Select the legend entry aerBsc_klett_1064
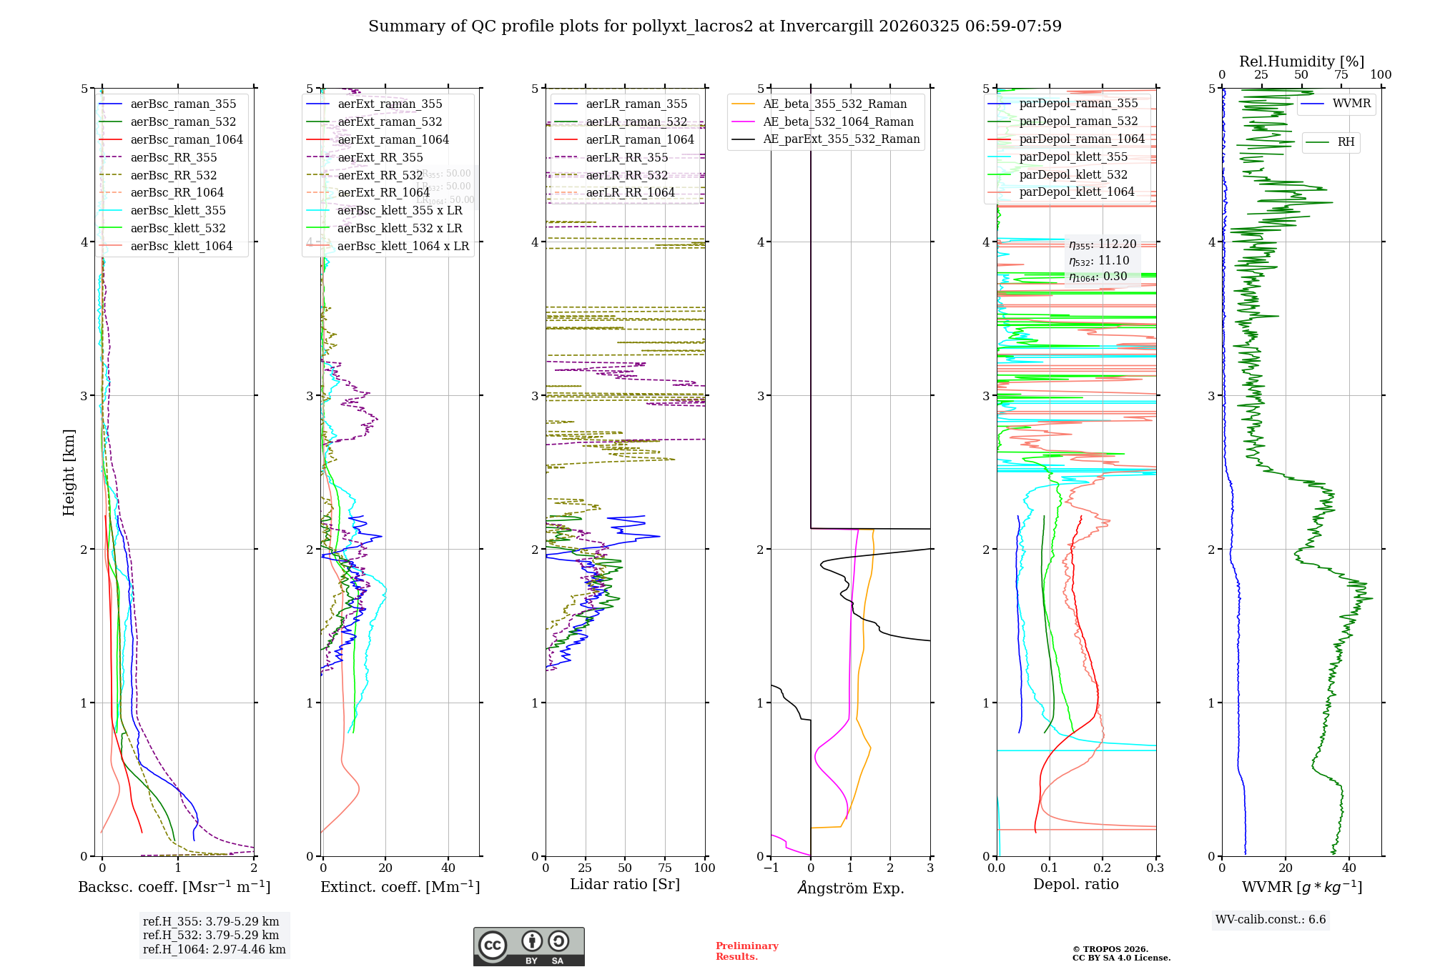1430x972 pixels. (181, 246)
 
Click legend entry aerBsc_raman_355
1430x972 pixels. (183, 104)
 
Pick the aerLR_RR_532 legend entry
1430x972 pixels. (626, 175)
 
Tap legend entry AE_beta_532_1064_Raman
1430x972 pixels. (838, 121)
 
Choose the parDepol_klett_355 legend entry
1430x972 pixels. (1072, 157)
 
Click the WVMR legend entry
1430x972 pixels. (1351, 104)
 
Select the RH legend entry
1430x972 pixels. (1345, 142)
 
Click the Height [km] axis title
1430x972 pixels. (69, 472)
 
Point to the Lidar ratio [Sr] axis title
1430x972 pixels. (624, 884)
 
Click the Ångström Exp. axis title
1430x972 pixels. (850, 888)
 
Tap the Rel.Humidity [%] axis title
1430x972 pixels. (1301, 61)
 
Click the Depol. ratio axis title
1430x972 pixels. (1075, 884)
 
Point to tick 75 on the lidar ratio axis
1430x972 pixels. (665, 868)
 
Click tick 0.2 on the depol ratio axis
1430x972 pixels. (1103, 868)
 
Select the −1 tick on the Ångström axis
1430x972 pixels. (770, 868)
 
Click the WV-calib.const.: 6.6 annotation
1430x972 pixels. (1270, 919)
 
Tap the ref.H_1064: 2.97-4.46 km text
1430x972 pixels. (214, 949)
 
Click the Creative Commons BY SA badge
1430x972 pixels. (528, 946)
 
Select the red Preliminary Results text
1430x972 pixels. (746, 951)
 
